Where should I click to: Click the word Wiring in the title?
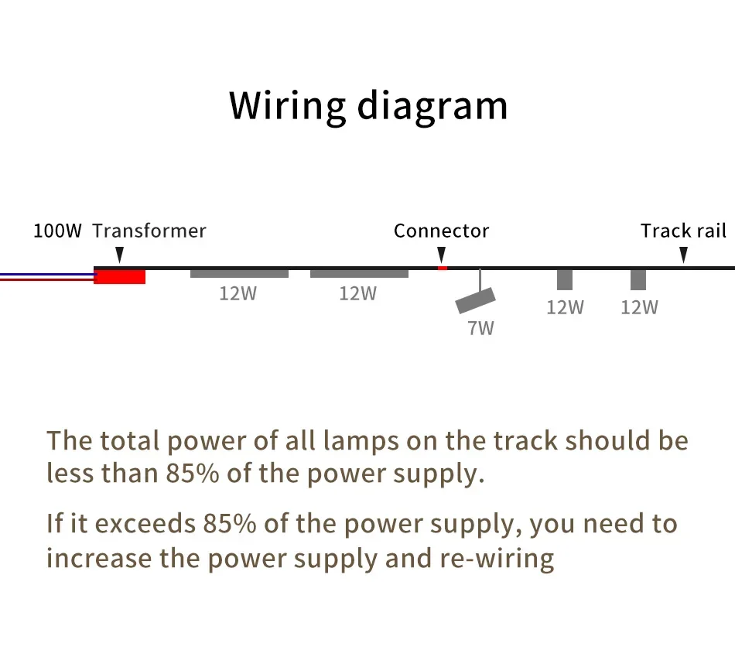click(288, 107)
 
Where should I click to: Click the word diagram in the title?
click(432, 107)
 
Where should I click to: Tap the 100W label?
click(58, 231)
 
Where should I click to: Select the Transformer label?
click(149, 231)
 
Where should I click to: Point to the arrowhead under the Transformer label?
click(119, 255)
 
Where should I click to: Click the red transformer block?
click(119, 277)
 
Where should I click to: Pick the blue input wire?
click(47, 275)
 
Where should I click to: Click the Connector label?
click(441, 231)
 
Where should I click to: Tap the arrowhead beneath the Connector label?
click(441, 255)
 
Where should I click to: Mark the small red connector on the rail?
click(442, 269)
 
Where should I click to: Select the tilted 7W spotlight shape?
click(475, 300)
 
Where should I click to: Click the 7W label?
click(480, 328)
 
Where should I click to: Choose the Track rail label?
click(683, 231)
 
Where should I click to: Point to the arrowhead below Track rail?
click(683, 255)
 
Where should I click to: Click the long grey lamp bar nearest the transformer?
click(239, 273)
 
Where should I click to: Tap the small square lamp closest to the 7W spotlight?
click(565, 279)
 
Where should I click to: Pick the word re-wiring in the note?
click(497, 559)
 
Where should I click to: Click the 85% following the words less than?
click(193, 474)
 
